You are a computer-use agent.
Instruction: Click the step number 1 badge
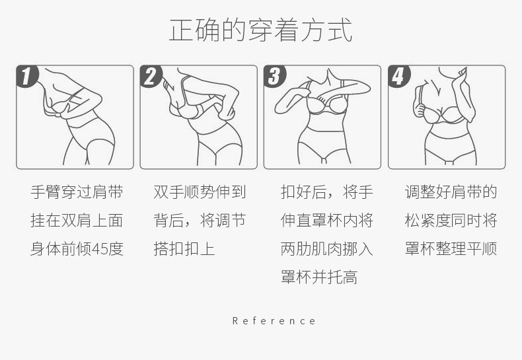click(x=27, y=76)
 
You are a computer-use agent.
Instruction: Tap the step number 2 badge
click(x=151, y=76)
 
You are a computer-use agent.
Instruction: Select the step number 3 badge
click(x=275, y=76)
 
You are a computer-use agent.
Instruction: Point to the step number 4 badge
click(x=399, y=76)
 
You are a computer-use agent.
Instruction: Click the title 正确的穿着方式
click(x=260, y=30)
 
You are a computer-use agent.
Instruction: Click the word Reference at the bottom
click(x=274, y=321)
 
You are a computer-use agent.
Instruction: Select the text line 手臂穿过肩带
click(x=77, y=192)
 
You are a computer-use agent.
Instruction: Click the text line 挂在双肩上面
click(x=77, y=220)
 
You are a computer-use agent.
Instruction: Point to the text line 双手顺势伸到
click(x=200, y=192)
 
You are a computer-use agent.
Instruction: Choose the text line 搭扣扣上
click(x=184, y=249)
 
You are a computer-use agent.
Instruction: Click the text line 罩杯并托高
click(x=320, y=277)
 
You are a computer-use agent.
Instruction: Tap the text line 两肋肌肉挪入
click(x=327, y=249)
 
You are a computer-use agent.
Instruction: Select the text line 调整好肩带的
click(x=451, y=192)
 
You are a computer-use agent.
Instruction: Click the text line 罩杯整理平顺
click(x=451, y=249)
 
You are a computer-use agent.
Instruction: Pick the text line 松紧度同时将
click(x=451, y=220)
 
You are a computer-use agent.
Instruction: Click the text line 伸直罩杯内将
click(x=327, y=220)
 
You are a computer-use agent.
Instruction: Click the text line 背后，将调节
click(x=200, y=220)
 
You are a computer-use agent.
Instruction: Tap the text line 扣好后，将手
click(x=327, y=192)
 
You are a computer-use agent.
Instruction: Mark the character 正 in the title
click(x=182, y=30)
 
